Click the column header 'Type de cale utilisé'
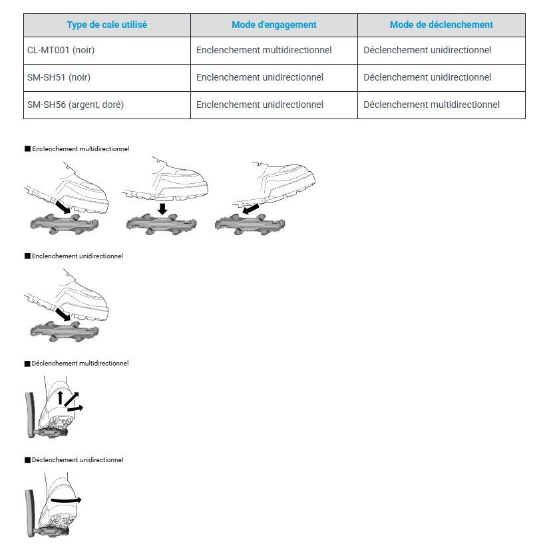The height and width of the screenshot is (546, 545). (107, 25)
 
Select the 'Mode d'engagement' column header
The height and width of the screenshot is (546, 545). (273, 25)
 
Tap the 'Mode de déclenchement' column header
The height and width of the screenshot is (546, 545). (441, 25)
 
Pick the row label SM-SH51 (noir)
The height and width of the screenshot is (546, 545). (59, 77)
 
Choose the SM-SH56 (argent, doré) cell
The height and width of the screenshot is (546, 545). (76, 105)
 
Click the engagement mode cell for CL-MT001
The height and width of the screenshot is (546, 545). (264, 50)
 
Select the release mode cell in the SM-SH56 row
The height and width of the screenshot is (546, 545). (431, 105)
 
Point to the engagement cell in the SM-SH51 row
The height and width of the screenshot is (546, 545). (260, 77)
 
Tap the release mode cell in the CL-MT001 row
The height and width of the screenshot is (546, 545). (427, 50)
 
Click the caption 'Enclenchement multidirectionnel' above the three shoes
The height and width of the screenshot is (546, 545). (81, 148)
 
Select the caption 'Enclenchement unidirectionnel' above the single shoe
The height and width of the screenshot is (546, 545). (77, 256)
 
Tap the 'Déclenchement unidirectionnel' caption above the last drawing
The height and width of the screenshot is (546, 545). (77, 459)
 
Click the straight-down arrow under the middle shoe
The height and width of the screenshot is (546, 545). (162, 208)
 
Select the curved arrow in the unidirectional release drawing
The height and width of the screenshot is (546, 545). (66, 499)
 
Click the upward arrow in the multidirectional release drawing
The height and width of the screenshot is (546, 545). (60, 398)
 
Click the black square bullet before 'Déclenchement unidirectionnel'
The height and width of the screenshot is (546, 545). (27, 460)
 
